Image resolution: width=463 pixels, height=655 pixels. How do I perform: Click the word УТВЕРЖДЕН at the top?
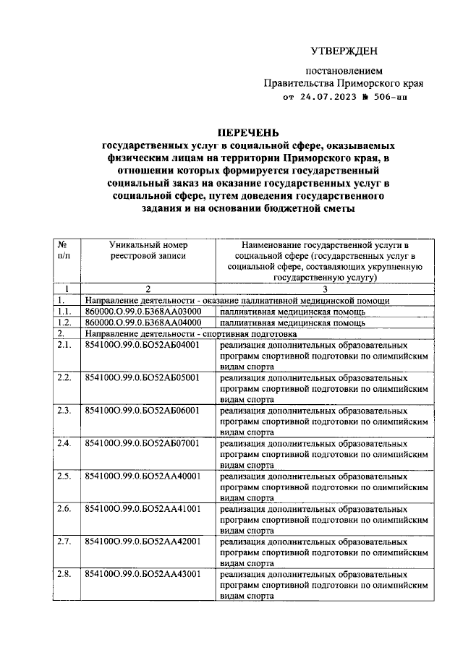344,51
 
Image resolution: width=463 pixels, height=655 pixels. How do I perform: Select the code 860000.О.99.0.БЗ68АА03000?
143,312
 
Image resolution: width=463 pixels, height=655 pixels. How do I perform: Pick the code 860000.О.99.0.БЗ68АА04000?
143,322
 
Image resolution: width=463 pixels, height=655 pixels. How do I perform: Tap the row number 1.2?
65,322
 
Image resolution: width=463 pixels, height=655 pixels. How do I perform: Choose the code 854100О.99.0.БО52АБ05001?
143,377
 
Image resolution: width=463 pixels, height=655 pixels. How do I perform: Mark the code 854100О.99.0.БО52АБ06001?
143,411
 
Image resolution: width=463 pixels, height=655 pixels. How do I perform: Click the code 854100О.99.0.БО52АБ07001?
143,443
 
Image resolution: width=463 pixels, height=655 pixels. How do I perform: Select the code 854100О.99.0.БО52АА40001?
143,476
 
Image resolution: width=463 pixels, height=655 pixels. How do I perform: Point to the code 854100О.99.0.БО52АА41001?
143,509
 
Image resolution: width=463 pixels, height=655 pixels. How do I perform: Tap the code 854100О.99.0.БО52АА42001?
143,541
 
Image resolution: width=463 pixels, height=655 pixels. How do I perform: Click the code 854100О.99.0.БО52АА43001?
143,574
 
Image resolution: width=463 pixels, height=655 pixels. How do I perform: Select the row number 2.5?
65,476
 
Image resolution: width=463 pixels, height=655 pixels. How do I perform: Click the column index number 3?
323,289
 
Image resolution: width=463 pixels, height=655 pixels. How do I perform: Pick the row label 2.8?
65,574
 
